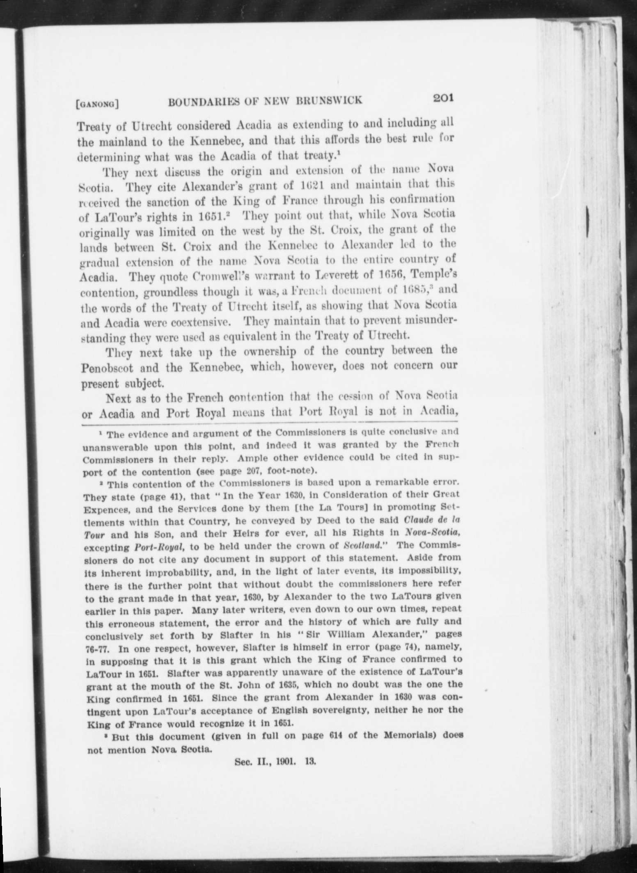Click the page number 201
pyautogui.click(x=441, y=98)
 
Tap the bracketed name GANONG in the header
pyautogui.click(x=97, y=103)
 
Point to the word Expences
pyautogui.click(x=103, y=508)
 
